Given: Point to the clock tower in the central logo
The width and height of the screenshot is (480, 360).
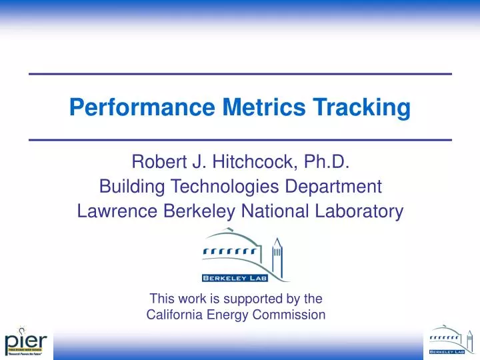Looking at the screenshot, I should coord(276,252).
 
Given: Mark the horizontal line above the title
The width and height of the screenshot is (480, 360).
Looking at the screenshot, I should coord(241,72).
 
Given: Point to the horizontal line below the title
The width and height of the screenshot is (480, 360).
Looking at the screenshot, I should coord(241,139).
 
